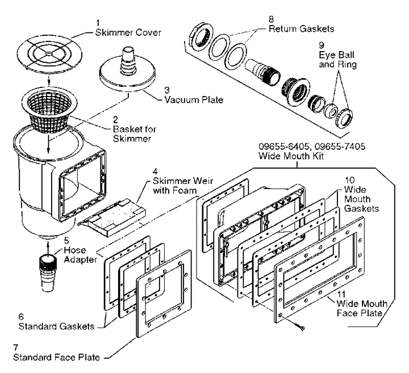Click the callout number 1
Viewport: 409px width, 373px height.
97,23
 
